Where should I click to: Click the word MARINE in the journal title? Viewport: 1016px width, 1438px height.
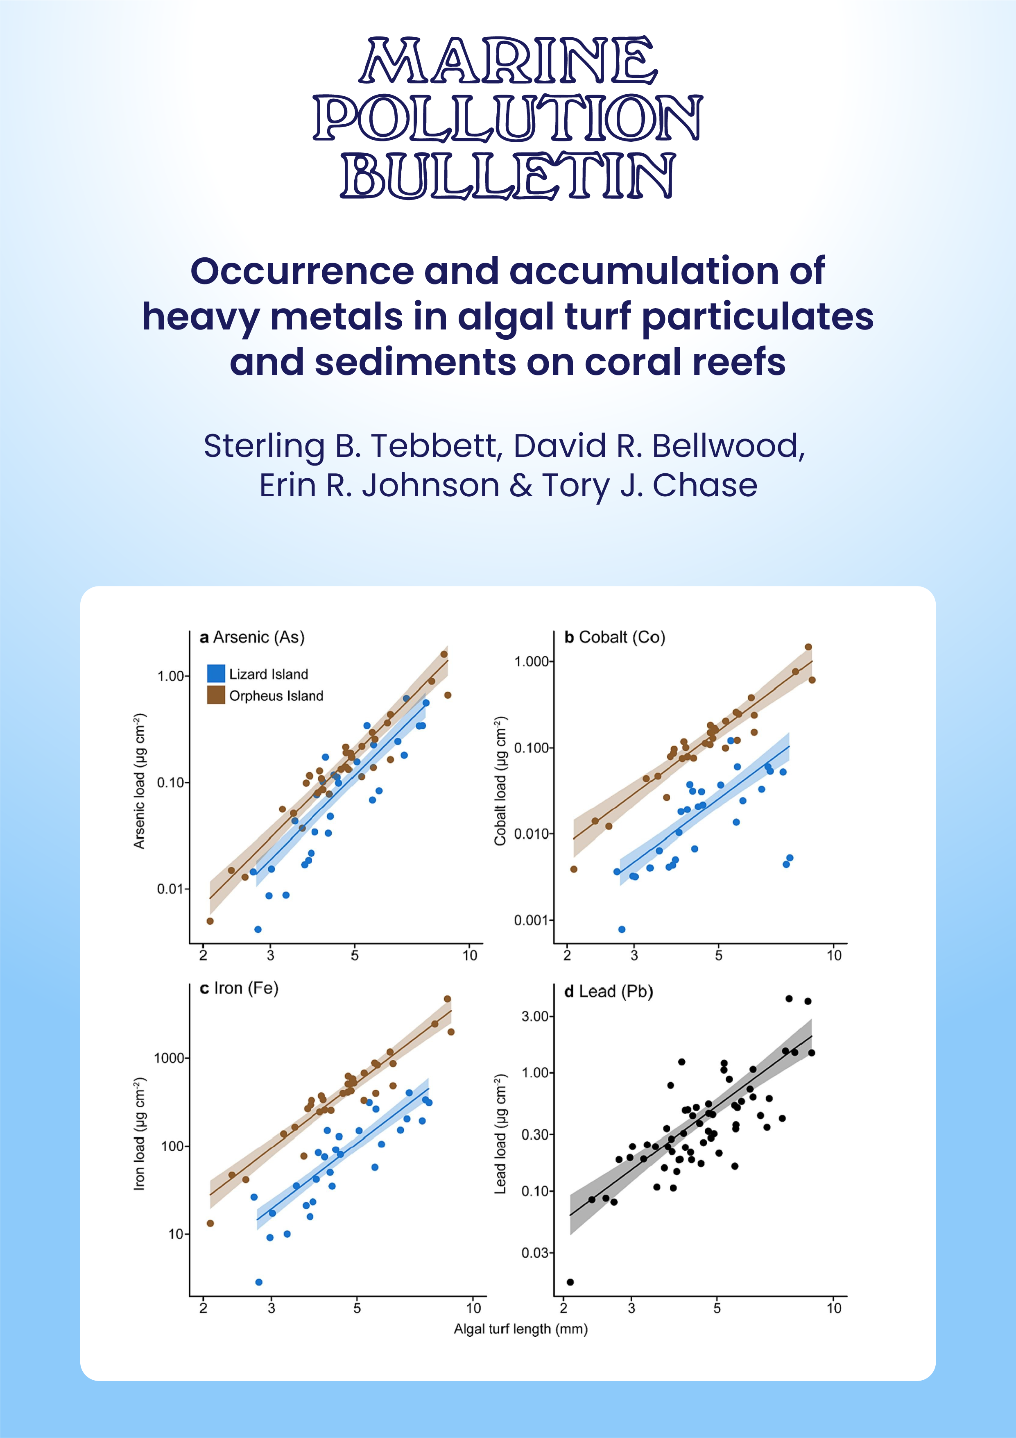(x=508, y=61)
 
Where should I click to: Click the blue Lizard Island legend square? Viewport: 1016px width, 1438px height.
(x=216, y=673)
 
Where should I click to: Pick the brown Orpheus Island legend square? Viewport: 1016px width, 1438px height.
(x=216, y=695)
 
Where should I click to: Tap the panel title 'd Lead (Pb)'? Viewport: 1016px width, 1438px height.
(x=608, y=991)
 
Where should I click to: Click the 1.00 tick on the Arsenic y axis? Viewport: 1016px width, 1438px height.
(x=170, y=676)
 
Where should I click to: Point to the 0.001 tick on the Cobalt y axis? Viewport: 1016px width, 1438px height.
(x=530, y=920)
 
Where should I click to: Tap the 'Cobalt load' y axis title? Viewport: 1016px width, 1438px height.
(x=500, y=780)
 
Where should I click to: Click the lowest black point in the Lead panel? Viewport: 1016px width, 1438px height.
(x=570, y=1282)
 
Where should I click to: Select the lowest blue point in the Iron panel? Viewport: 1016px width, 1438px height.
(x=258, y=1282)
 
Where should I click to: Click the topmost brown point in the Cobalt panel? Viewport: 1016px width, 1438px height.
(x=808, y=647)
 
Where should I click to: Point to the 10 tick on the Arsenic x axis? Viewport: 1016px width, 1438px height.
(x=469, y=955)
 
